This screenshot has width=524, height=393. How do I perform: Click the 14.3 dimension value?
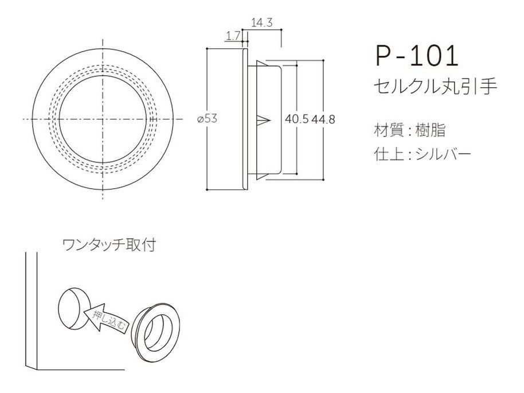click(262, 23)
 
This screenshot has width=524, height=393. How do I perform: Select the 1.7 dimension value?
click(232, 36)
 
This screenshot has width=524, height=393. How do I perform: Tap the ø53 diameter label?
click(207, 118)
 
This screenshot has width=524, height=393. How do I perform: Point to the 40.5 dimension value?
click(297, 119)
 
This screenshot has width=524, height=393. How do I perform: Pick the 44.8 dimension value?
click(323, 119)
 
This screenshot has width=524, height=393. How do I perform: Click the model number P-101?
click(416, 56)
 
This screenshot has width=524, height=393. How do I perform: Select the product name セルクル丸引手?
click(435, 87)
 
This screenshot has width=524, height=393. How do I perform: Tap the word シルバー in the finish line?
click(443, 154)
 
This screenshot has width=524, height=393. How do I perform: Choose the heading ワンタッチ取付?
click(110, 245)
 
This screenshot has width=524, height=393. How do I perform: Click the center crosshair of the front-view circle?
click(103, 119)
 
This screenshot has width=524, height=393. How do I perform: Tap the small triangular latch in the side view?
click(264, 119)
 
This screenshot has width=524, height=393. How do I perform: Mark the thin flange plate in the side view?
click(245, 119)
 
